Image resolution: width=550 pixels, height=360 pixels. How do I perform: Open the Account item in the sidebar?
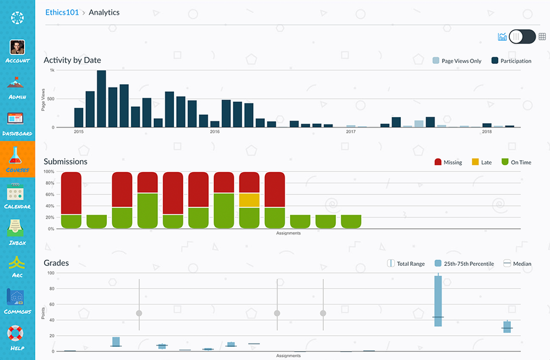(18, 51)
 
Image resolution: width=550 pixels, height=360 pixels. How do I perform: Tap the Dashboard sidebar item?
(18, 123)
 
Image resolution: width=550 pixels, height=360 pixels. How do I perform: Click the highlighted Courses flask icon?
(18, 159)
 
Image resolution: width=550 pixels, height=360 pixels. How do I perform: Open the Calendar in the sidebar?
(18, 197)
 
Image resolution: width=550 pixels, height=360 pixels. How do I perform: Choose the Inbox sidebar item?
(18, 232)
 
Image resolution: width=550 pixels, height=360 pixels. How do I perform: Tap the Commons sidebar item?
(18, 301)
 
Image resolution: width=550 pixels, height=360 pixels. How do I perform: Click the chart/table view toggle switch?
(522, 37)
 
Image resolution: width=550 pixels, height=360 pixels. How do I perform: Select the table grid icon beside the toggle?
(542, 37)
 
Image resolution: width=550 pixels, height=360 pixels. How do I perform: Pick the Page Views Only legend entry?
(457, 61)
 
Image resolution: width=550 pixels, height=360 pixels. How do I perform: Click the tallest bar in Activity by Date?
(101, 99)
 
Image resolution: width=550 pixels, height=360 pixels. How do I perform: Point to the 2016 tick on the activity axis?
(215, 132)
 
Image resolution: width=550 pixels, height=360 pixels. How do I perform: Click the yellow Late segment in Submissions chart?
(249, 200)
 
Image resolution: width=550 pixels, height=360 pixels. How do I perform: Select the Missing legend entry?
(448, 162)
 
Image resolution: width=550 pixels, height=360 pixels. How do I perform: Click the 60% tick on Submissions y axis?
(49, 194)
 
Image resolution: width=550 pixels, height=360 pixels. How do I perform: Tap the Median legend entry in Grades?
(517, 264)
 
